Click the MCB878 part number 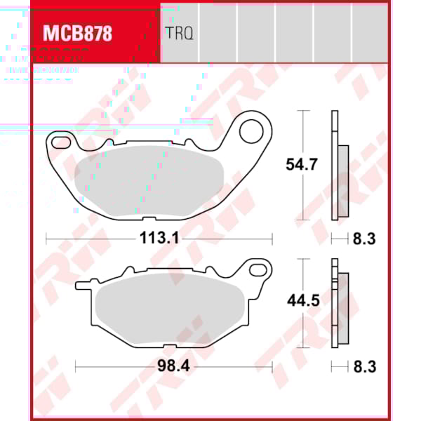[x=78, y=34]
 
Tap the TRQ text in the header [x=180, y=33]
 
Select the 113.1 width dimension [x=160, y=239]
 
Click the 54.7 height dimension [x=302, y=166]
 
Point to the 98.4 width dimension [x=174, y=366]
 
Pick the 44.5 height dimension [x=302, y=301]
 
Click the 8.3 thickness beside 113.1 [x=363, y=239]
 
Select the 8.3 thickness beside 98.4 [x=363, y=366]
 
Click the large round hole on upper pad [x=250, y=130]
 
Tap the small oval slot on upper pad [x=60, y=143]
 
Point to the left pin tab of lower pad [x=83, y=285]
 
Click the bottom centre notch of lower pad [x=174, y=346]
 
